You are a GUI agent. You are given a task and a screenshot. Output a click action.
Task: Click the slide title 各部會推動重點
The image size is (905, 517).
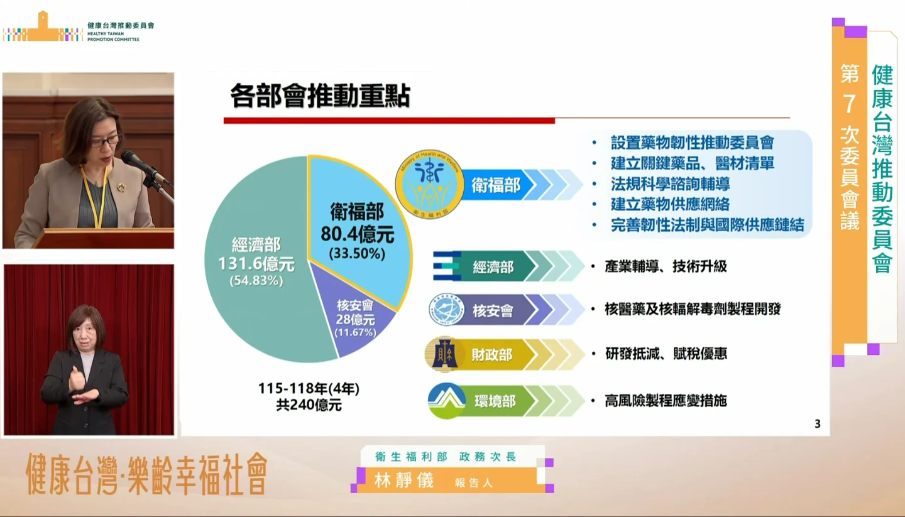pos(320,96)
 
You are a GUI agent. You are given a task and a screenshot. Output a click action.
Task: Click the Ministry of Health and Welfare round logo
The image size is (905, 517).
pos(429,184)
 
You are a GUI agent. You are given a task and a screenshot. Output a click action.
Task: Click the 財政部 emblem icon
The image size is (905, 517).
pos(444,354)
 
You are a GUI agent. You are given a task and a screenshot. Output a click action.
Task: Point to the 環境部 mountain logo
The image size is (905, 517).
pos(446,400)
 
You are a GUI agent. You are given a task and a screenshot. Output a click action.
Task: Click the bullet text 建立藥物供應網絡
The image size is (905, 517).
pos(670,204)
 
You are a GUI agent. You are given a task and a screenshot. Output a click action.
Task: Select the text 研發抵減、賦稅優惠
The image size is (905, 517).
pos(666,354)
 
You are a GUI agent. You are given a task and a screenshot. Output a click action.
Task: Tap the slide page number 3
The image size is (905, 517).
pos(817,423)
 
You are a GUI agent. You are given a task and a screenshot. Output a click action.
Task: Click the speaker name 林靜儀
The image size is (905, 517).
pos(404,481)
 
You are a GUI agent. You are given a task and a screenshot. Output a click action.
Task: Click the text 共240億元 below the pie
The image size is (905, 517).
pos(309,405)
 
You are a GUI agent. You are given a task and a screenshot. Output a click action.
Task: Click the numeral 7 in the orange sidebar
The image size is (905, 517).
pos(849,104)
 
